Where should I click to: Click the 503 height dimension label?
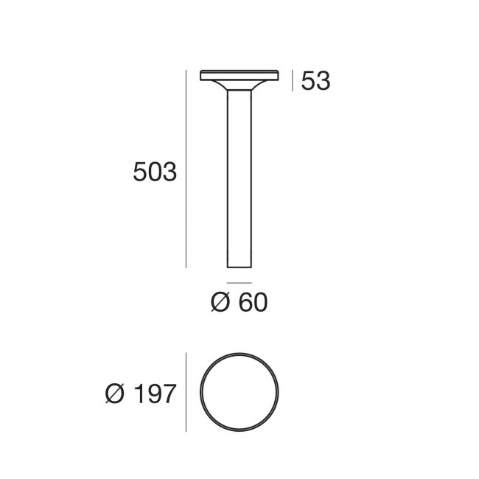pyautogui.click(x=155, y=173)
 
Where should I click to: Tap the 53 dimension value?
pyautogui.click(x=315, y=81)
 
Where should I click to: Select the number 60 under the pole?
pyautogui.click(x=252, y=302)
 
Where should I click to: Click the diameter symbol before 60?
pyautogui.click(x=220, y=302)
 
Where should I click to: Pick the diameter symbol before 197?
pyautogui.click(x=115, y=394)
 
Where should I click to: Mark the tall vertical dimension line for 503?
pyautogui.click(x=186, y=169)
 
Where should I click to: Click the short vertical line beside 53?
pyautogui.click(x=293, y=80)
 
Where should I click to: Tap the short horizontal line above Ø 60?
pyautogui.click(x=239, y=282)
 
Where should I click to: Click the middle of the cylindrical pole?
pyautogui.click(x=239, y=177)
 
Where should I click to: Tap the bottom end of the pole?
pyautogui.click(x=239, y=267)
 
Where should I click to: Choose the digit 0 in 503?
pyautogui.click(x=155, y=173)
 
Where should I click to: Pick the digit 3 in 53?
pyautogui.click(x=323, y=81)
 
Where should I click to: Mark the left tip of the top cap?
pyautogui.click(x=201, y=74)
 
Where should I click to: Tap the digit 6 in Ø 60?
pyautogui.click(x=244, y=302)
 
